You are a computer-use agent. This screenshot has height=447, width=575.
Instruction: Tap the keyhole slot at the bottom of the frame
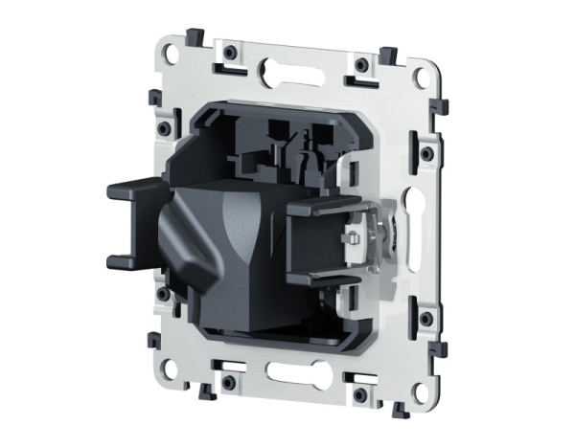(287, 370)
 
